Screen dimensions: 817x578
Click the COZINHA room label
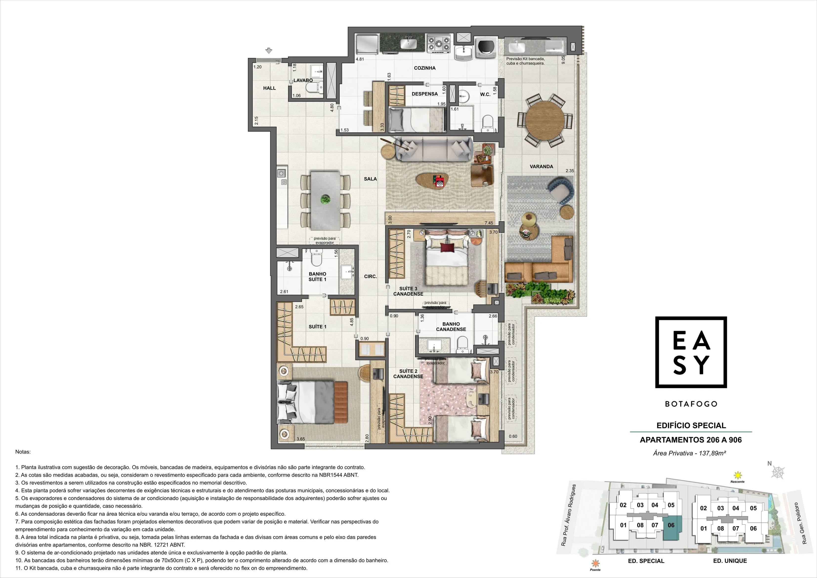(424, 68)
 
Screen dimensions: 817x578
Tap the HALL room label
(269, 88)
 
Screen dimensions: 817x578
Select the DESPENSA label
(424, 94)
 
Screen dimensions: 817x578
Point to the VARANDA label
(541, 166)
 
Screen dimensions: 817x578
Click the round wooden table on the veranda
(545, 121)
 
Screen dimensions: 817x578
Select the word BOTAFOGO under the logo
(691, 404)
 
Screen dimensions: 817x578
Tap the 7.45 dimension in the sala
(489, 223)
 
